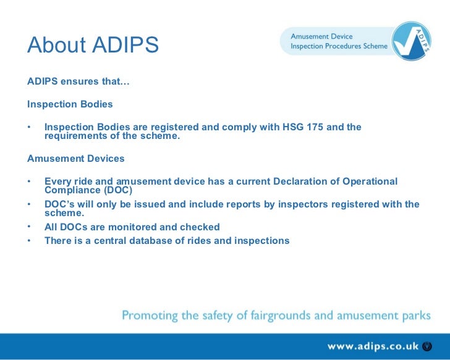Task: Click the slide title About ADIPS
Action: click(x=93, y=45)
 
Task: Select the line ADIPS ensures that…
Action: click(x=78, y=82)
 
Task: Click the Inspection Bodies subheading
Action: click(x=70, y=104)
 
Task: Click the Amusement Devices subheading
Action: click(x=75, y=159)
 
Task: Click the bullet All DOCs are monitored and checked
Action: click(x=132, y=227)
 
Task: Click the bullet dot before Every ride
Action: click(x=29, y=182)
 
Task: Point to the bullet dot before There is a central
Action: click(x=29, y=240)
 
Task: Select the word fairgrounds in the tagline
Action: click(x=287, y=316)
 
